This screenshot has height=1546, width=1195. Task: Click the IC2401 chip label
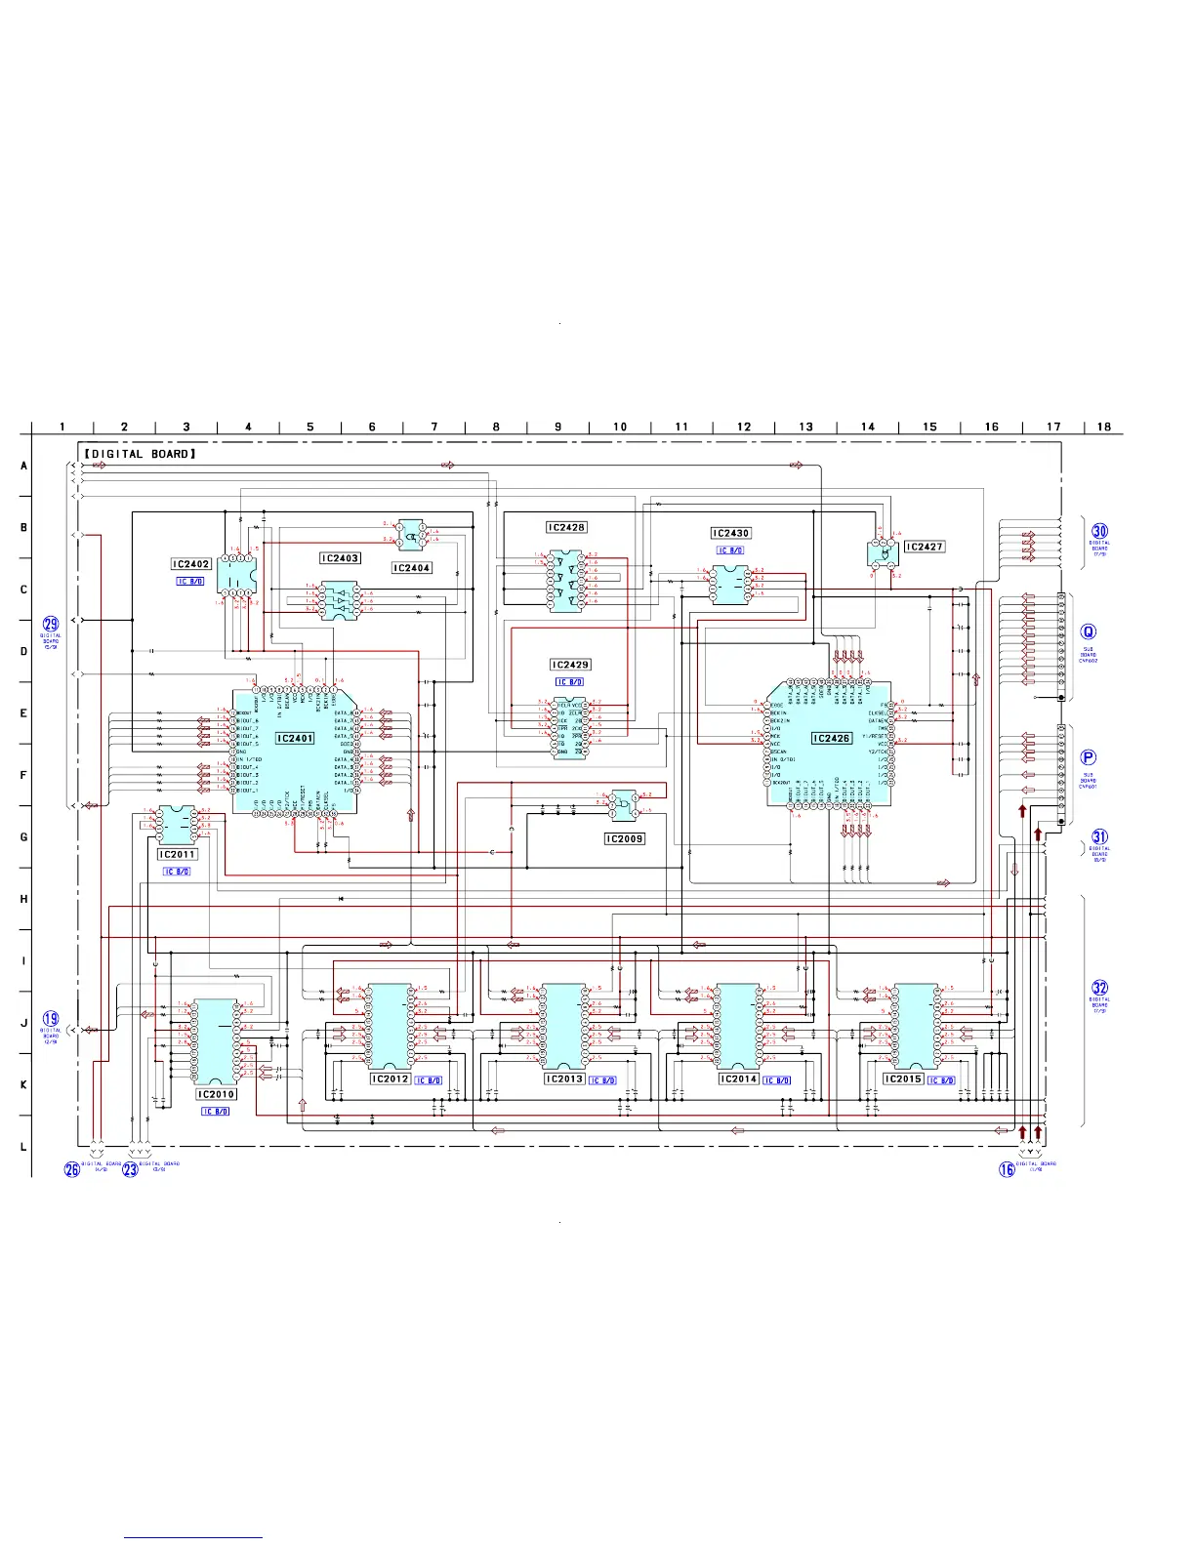pos(295,739)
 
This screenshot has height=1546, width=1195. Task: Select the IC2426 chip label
pos(832,739)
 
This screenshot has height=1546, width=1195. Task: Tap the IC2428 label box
pos(566,527)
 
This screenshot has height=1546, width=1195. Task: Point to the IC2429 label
pos(570,665)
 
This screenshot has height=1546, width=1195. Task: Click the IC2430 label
pos(730,534)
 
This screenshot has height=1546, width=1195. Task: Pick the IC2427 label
pos(925,547)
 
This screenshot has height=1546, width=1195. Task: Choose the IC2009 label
pos(625,838)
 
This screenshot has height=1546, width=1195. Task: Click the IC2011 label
pos(178,854)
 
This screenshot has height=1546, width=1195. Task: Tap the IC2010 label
pos(216,1094)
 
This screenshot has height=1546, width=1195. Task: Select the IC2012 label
pos(391,1078)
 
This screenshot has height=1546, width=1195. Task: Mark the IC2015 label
pos(903,1078)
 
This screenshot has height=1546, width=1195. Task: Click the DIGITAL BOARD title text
pos(140,454)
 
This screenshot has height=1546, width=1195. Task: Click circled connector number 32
pos(1100,988)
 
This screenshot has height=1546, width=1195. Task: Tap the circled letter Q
pos(1089,632)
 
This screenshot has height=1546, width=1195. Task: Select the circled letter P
pos(1089,757)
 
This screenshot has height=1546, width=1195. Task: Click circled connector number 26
pos(72,1169)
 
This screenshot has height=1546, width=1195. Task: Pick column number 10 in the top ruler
pos(620,427)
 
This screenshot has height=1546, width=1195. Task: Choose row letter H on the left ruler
pos(24,899)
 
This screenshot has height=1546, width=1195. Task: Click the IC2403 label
pos(341,558)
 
